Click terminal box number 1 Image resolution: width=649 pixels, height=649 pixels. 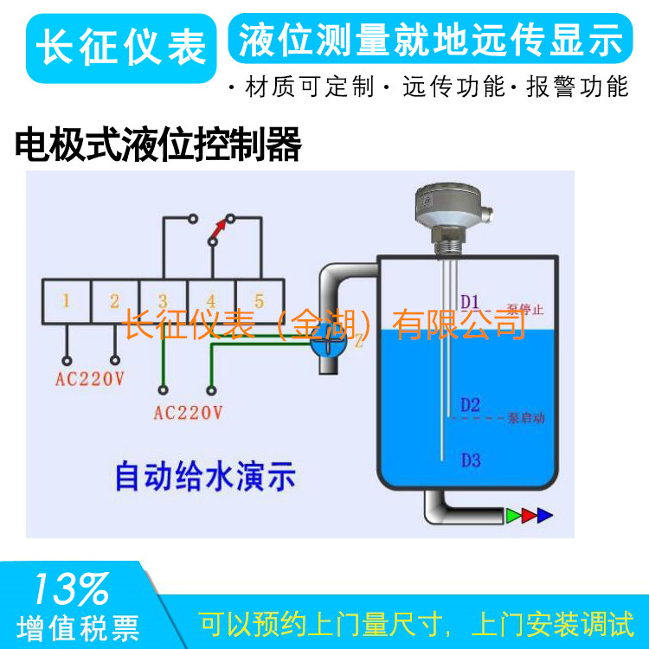(67, 301)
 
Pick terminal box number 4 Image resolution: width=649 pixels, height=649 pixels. (210, 301)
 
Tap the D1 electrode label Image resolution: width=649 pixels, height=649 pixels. (470, 301)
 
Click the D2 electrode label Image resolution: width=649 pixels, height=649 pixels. (470, 404)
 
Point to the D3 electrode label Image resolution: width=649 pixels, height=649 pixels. (470, 459)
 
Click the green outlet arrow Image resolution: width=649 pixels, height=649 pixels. (514, 517)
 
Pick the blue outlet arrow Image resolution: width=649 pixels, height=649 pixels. (544, 517)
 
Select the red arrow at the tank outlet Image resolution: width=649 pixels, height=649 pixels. (529, 517)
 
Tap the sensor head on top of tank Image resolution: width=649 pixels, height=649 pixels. (449, 203)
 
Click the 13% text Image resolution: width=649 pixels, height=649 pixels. (71, 590)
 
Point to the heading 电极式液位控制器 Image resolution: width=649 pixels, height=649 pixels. (158, 145)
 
